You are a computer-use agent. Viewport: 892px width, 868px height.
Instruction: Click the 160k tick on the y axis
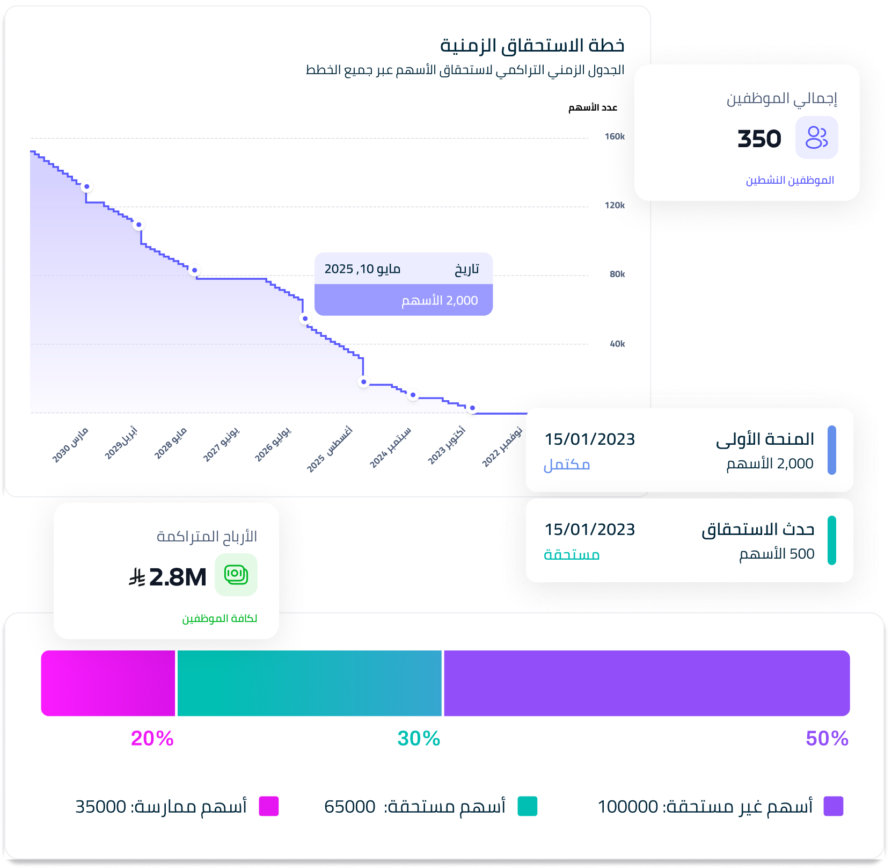(x=615, y=136)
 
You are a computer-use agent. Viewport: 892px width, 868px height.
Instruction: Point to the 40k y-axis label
(x=617, y=344)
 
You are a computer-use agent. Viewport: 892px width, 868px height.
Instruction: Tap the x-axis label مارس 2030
(x=70, y=445)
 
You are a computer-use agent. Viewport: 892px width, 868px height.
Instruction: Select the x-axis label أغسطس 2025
(x=329, y=450)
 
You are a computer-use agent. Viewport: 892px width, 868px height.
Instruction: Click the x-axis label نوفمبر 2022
(x=502, y=447)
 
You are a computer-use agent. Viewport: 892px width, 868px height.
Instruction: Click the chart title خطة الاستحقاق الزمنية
(x=532, y=46)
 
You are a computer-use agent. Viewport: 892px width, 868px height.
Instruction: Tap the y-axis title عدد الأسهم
(x=593, y=108)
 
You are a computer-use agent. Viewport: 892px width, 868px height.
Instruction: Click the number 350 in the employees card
(x=759, y=139)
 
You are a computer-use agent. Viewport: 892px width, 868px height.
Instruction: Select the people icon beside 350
(x=816, y=138)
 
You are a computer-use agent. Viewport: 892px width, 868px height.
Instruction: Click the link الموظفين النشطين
(x=790, y=180)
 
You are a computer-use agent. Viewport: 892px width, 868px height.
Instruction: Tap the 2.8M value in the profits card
(x=178, y=577)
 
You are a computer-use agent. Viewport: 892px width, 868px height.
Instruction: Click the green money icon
(x=236, y=575)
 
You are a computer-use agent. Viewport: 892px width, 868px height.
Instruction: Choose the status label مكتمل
(x=567, y=464)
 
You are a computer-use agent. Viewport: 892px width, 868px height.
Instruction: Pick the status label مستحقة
(x=572, y=554)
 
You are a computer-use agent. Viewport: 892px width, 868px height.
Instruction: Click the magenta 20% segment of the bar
(x=108, y=683)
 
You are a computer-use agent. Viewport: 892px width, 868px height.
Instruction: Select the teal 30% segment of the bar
(x=310, y=683)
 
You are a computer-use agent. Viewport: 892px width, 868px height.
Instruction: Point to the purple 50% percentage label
(x=827, y=739)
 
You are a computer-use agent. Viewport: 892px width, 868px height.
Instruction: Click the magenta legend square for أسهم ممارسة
(x=269, y=806)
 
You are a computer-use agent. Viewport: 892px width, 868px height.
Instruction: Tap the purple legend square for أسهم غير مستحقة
(x=833, y=806)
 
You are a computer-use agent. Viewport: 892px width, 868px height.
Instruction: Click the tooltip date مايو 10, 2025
(x=362, y=269)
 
